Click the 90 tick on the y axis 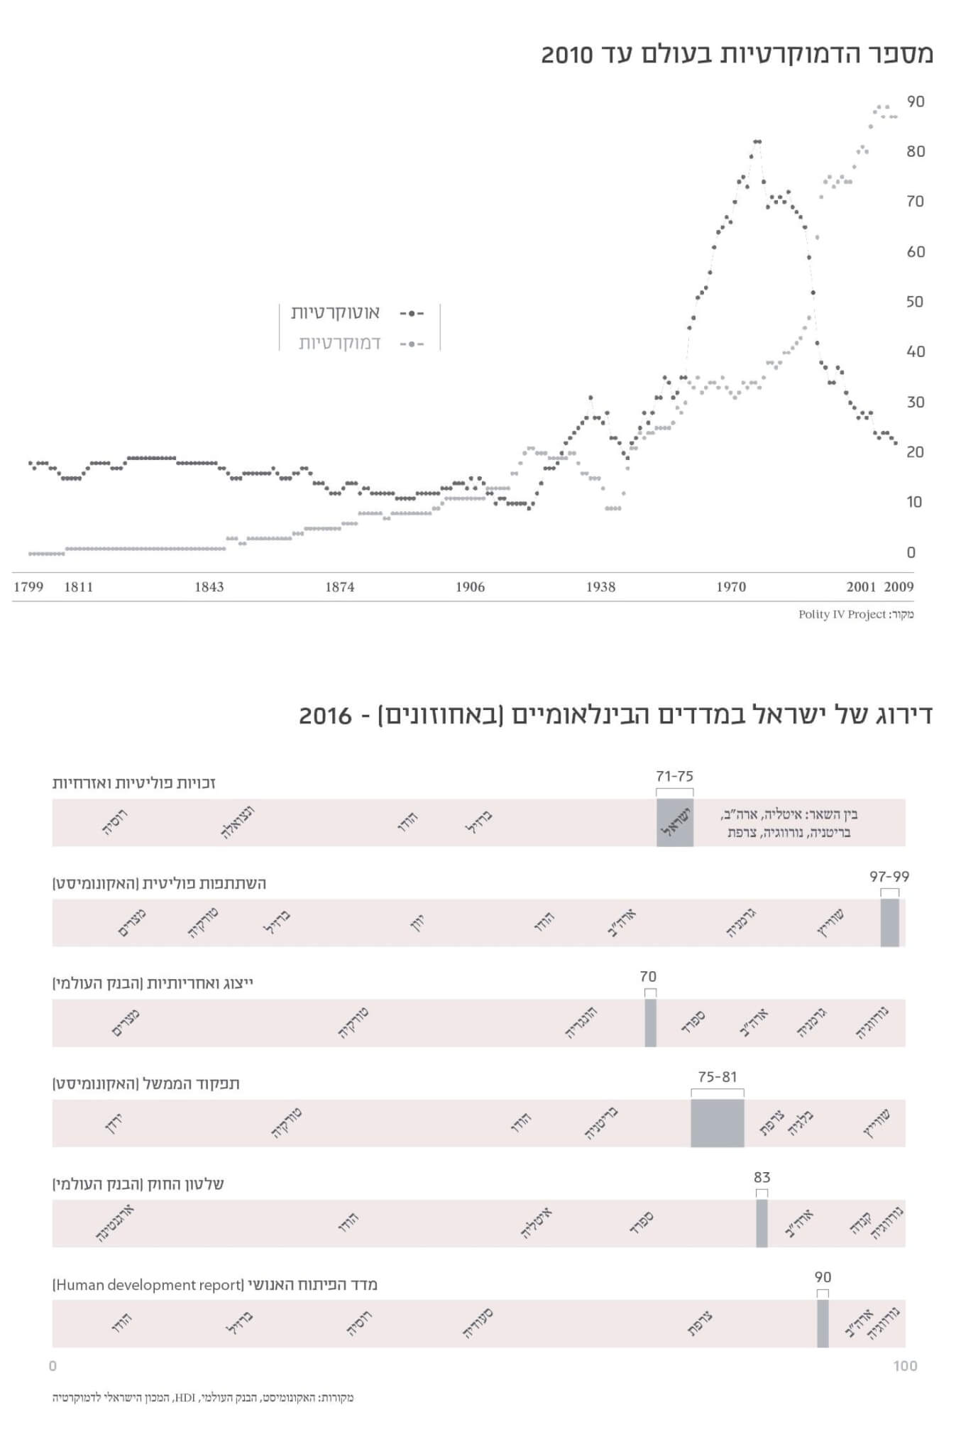pyautogui.click(x=916, y=102)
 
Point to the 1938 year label pyautogui.click(x=600, y=587)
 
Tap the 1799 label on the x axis pyautogui.click(x=28, y=587)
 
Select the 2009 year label pyautogui.click(x=899, y=587)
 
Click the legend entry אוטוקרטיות pyautogui.click(x=335, y=312)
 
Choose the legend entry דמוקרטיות pyautogui.click(x=339, y=343)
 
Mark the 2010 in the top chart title pyautogui.click(x=566, y=55)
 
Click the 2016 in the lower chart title pyautogui.click(x=325, y=716)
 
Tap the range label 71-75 pyautogui.click(x=674, y=776)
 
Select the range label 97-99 pyautogui.click(x=889, y=877)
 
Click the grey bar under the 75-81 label pyautogui.click(x=718, y=1123)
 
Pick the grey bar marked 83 pyautogui.click(x=762, y=1223)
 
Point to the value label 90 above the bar pyautogui.click(x=823, y=1277)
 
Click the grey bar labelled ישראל pyautogui.click(x=675, y=823)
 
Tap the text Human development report pyautogui.click(x=148, y=1284)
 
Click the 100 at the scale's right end pyautogui.click(x=905, y=1366)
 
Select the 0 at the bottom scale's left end pyautogui.click(x=53, y=1366)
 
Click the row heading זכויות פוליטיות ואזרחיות pyautogui.click(x=134, y=783)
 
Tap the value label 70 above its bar pyautogui.click(x=648, y=977)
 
